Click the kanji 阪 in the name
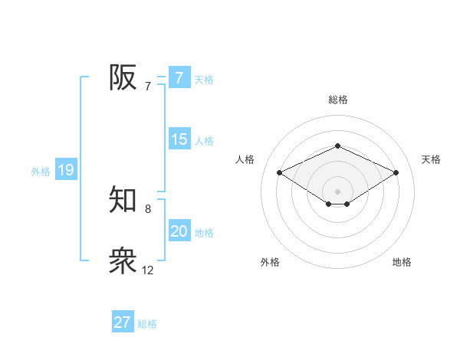123,77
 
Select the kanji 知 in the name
123,200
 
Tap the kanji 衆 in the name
123,261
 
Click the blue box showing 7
179,77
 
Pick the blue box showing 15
179,139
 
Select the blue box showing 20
179,231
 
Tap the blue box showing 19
66,170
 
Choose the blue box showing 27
123,322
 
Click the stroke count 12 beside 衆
147,270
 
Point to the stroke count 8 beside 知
147,208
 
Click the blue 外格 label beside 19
41,172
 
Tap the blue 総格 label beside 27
147,324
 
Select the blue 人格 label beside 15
204,141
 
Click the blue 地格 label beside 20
204,233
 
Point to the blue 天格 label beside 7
204,79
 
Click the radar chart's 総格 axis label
337,100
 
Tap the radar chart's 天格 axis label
431,159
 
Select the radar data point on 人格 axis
279,172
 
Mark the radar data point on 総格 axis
337,146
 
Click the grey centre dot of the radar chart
337,191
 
